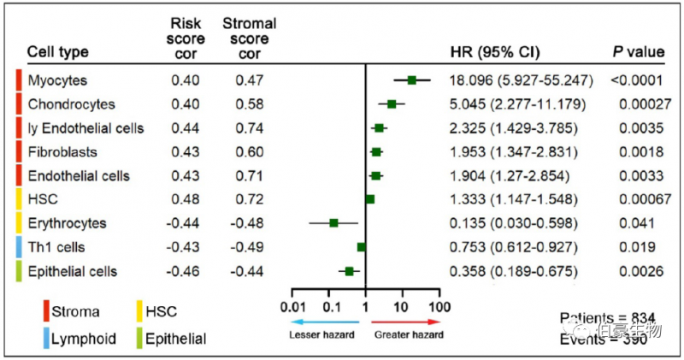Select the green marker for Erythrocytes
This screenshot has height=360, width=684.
coord(333,223)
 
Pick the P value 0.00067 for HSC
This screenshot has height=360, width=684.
coord(638,199)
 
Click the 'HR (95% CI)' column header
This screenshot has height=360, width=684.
coord(494,52)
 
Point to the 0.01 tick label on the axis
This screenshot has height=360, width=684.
coord(293,305)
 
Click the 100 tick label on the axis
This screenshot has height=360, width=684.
coord(439,305)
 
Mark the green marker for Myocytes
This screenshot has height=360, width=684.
coord(411,80)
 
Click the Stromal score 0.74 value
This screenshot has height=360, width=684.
coord(250,128)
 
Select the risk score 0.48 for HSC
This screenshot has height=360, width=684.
coord(185,199)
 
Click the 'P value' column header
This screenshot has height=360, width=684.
coord(638,52)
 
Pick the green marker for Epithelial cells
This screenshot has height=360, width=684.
coord(349,271)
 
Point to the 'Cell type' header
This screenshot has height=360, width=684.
coord(57,52)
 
